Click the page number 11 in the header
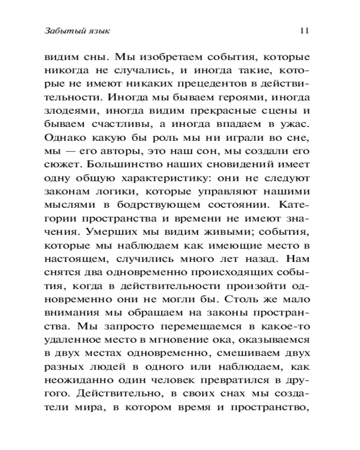pyautogui.click(x=303, y=31)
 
